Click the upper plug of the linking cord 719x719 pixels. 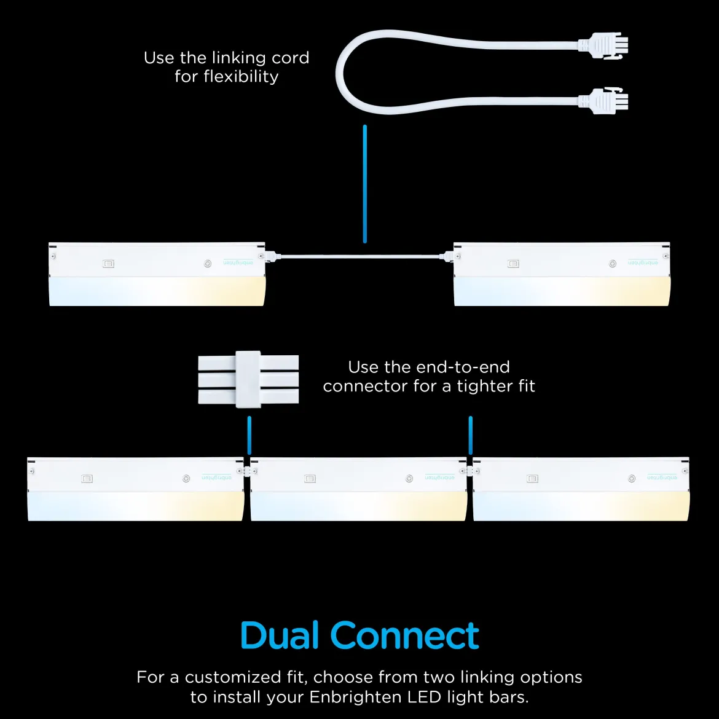(x=602, y=45)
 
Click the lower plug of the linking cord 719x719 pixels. (x=602, y=101)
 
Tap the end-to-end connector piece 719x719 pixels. (x=248, y=379)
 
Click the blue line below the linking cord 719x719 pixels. (x=365, y=183)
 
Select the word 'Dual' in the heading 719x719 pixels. (x=279, y=635)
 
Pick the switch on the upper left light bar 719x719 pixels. (x=108, y=264)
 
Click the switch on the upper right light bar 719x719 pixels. (x=513, y=264)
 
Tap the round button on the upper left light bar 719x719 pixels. (x=208, y=264)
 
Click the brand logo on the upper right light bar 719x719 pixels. (x=643, y=262)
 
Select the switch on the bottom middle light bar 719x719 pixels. (x=310, y=479)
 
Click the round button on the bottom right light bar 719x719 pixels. (x=632, y=479)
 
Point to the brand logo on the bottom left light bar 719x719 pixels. (x=216, y=477)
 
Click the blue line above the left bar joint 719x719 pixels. (x=249, y=435)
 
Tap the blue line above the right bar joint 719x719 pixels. (x=471, y=435)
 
